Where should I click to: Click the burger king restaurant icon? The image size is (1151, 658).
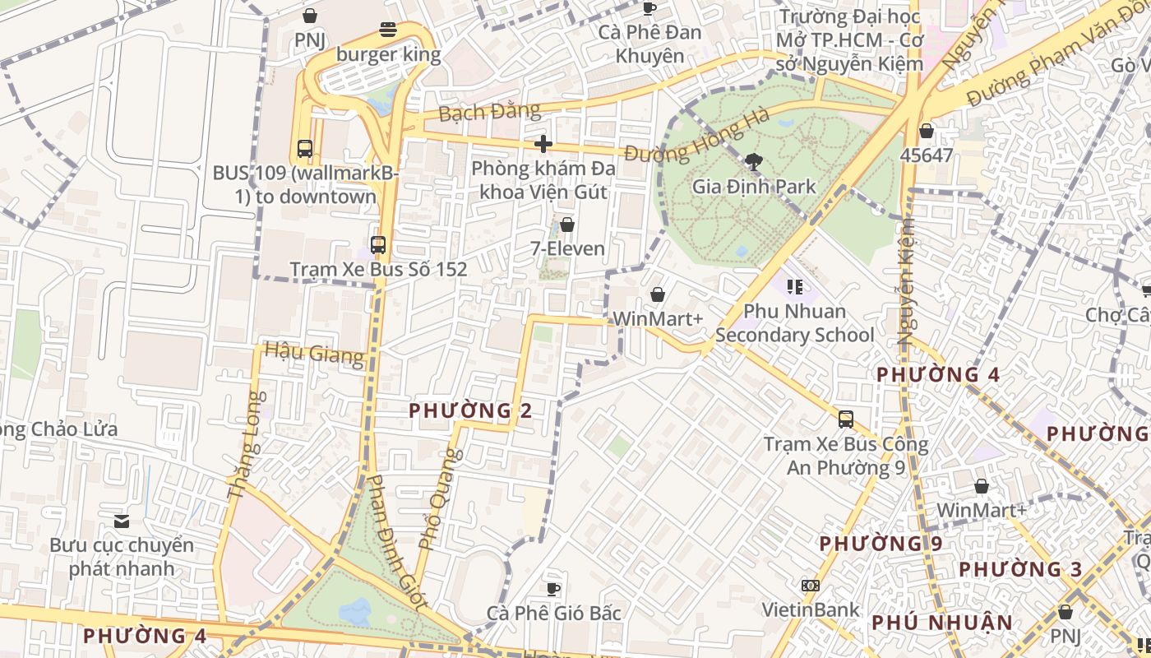(388, 30)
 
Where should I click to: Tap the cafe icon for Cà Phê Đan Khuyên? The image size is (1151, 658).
(649, 8)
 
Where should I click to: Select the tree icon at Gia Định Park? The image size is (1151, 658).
(752, 161)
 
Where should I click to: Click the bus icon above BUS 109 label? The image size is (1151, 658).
(305, 149)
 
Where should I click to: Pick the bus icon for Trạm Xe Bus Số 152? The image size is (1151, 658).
(378, 244)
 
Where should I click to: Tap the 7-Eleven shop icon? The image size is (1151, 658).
(567, 224)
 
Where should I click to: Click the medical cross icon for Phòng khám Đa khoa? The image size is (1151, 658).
(543, 144)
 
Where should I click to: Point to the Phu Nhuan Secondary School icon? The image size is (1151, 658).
(794, 286)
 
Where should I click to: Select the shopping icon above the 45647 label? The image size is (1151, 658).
(927, 131)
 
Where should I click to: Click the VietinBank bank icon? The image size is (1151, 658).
(810, 586)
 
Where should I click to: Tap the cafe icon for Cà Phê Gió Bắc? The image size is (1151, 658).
(553, 589)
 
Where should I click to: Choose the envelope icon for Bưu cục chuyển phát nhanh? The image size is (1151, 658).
(122, 521)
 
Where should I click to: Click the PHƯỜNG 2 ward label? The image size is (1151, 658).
(470, 410)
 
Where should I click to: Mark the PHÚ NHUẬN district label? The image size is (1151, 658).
(942, 623)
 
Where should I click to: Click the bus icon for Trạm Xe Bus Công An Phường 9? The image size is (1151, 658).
(846, 419)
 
